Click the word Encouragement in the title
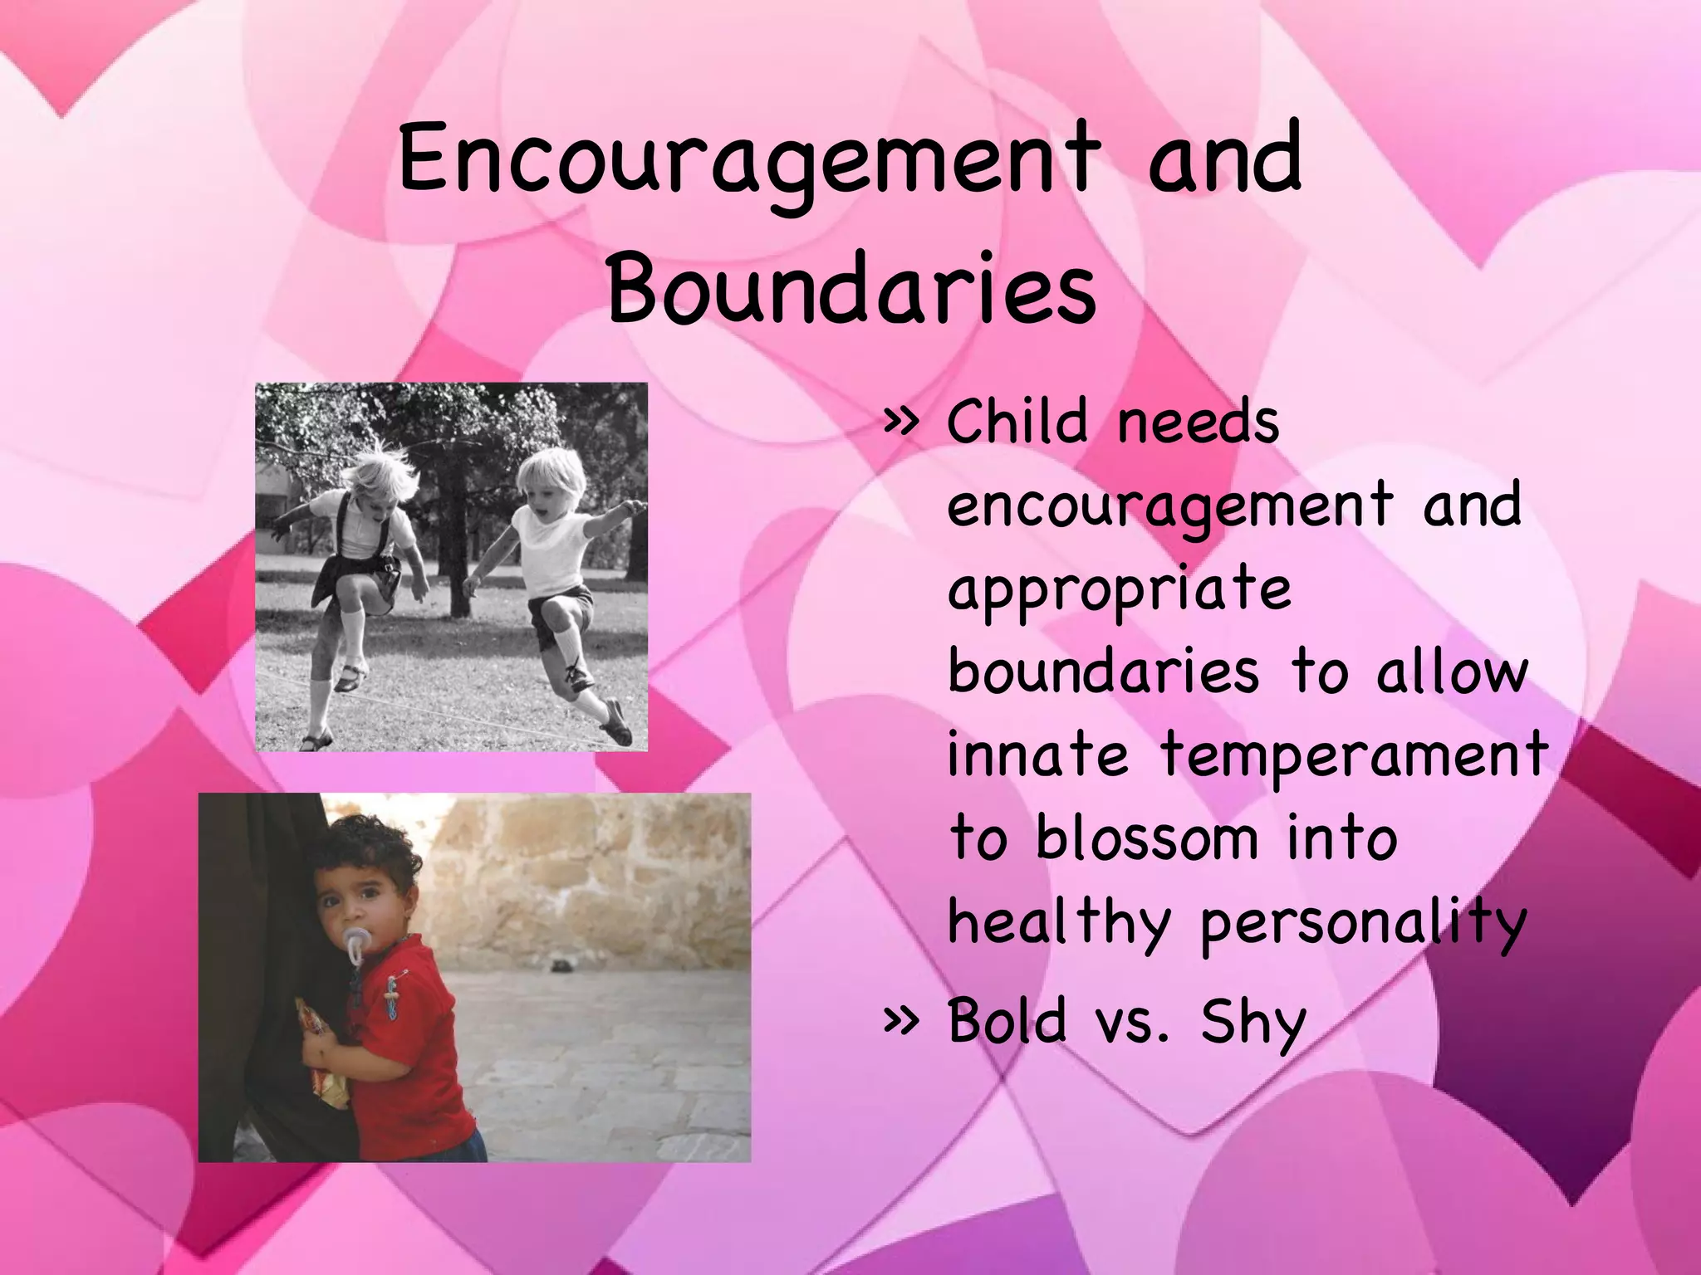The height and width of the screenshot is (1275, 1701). click(750, 159)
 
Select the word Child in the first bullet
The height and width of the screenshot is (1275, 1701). click(1017, 423)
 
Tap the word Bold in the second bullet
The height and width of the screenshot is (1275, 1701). click(1006, 1020)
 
